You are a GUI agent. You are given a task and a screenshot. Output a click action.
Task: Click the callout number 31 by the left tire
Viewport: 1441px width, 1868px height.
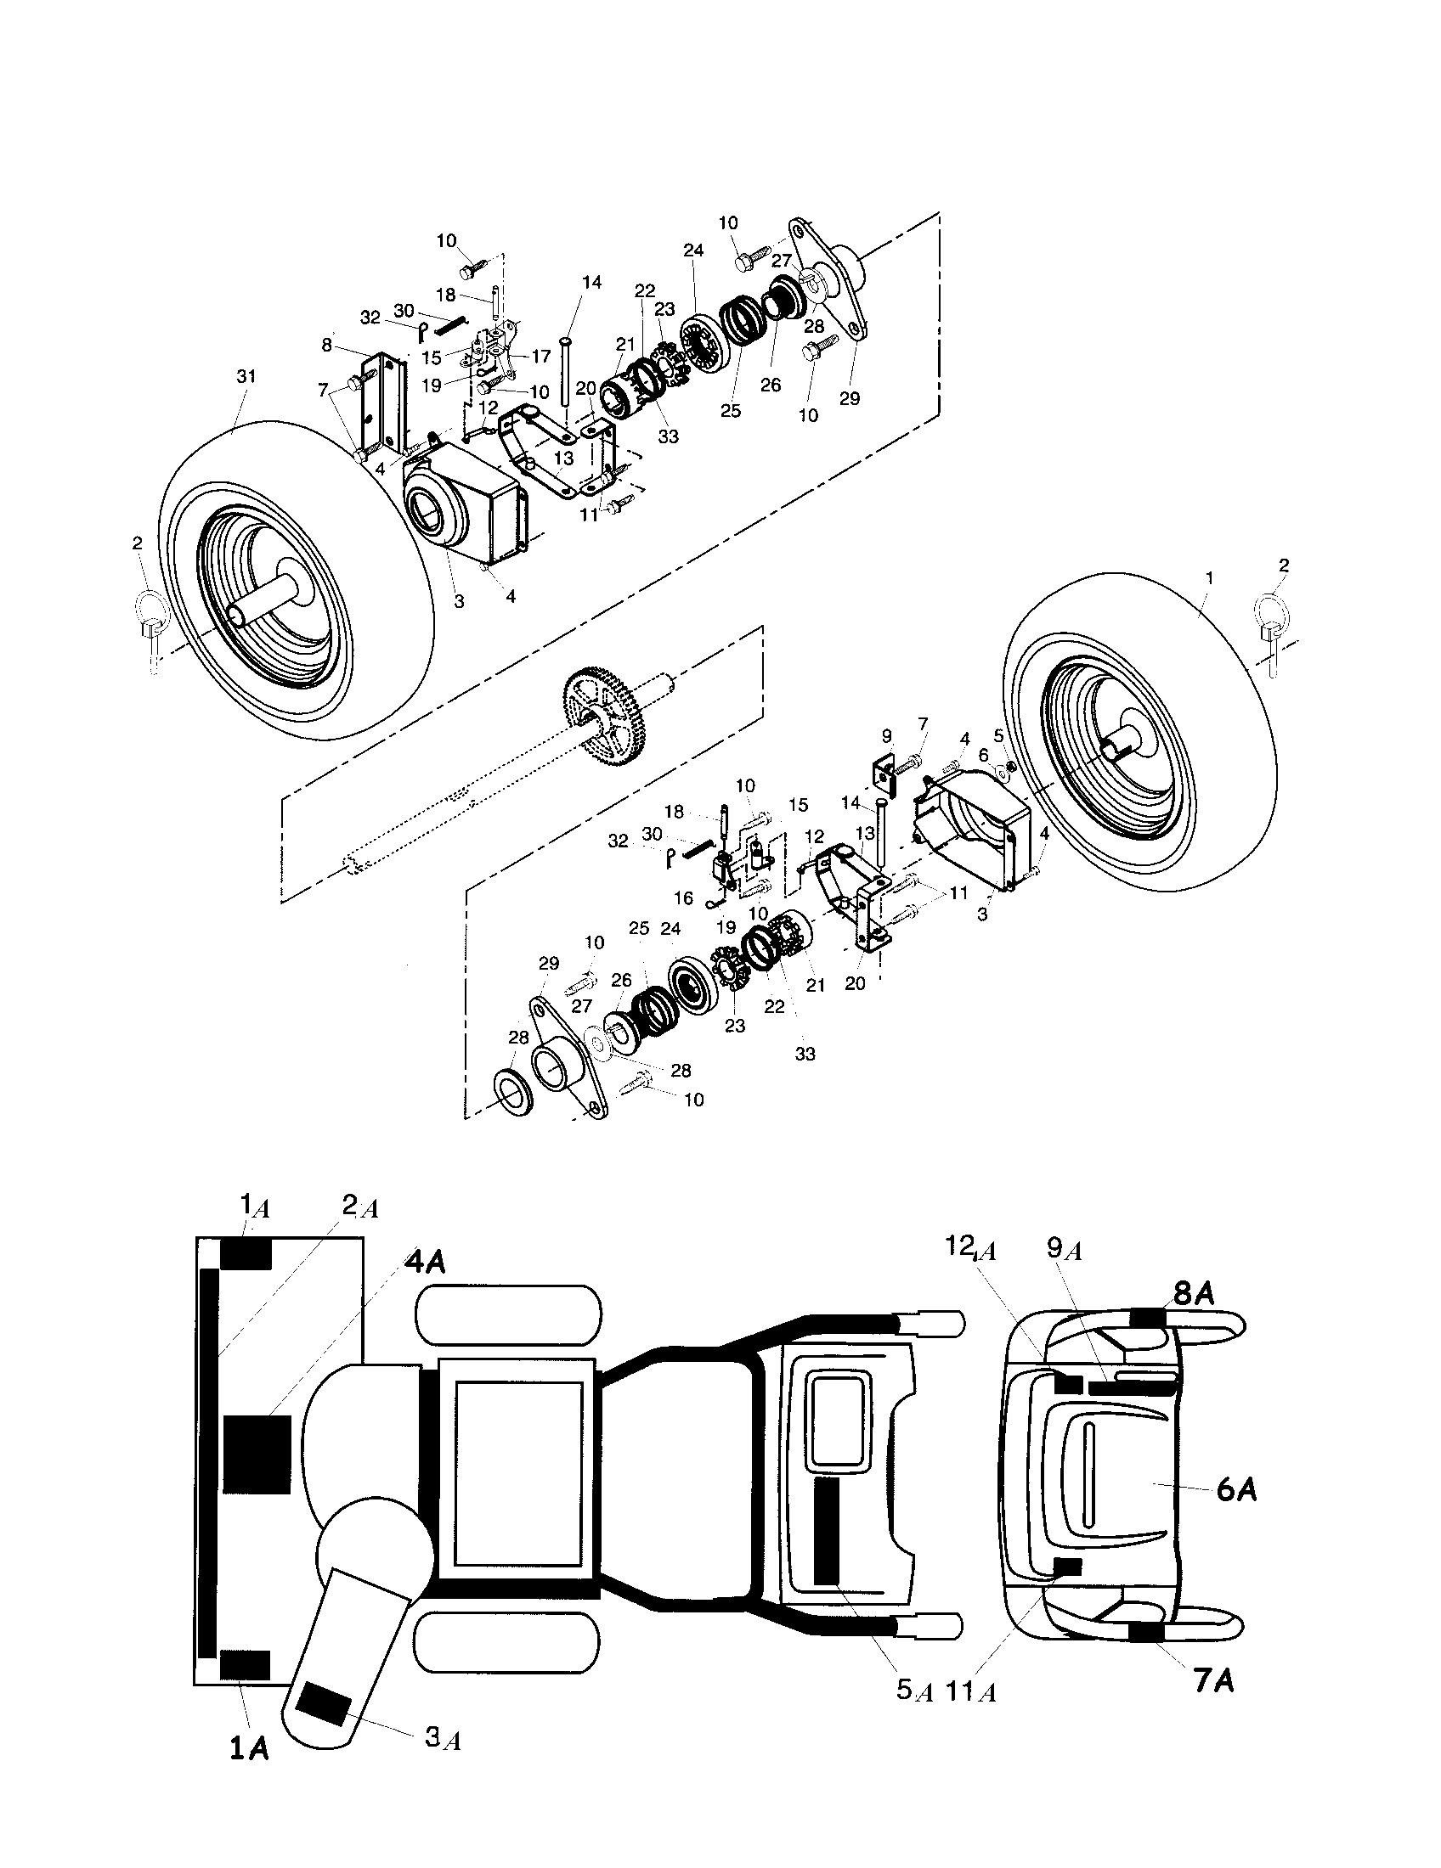[246, 376]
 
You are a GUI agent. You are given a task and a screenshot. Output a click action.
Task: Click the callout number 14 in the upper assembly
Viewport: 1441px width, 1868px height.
[592, 282]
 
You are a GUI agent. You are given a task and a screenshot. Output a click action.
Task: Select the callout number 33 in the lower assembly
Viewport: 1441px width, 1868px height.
[805, 1054]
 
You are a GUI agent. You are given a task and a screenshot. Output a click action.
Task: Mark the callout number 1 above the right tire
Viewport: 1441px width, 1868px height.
[1209, 578]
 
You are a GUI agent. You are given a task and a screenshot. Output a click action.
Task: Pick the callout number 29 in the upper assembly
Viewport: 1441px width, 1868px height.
[849, 398]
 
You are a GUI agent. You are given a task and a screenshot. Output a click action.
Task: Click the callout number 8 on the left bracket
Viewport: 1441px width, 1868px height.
[327, 346]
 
